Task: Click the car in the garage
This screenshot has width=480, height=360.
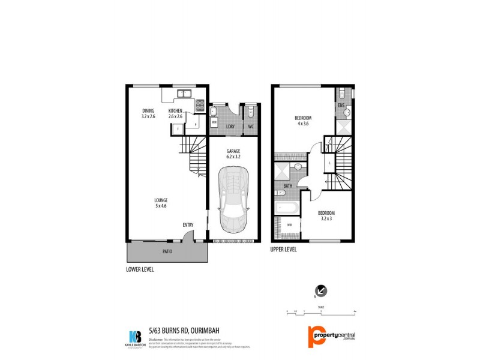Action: [233, 200]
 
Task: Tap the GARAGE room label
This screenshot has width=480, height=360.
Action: [233, 153]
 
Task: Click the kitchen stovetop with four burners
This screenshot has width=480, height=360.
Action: [199, 106]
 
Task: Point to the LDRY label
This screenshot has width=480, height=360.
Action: [230, 127]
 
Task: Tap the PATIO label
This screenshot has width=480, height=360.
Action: [167, 251]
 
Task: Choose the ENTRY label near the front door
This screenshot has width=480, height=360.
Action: [188, 225]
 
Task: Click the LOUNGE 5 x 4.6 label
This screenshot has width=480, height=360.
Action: [160, 203]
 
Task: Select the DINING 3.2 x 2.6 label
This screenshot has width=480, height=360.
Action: [148, 113]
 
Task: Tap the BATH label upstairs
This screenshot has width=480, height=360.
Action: [288, 186]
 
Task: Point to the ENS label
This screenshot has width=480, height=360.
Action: [341, 106]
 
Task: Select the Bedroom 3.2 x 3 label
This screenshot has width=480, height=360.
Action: [326, 216]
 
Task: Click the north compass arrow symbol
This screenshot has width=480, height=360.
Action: [322, 291]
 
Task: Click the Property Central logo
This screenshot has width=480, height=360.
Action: [332, 336]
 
